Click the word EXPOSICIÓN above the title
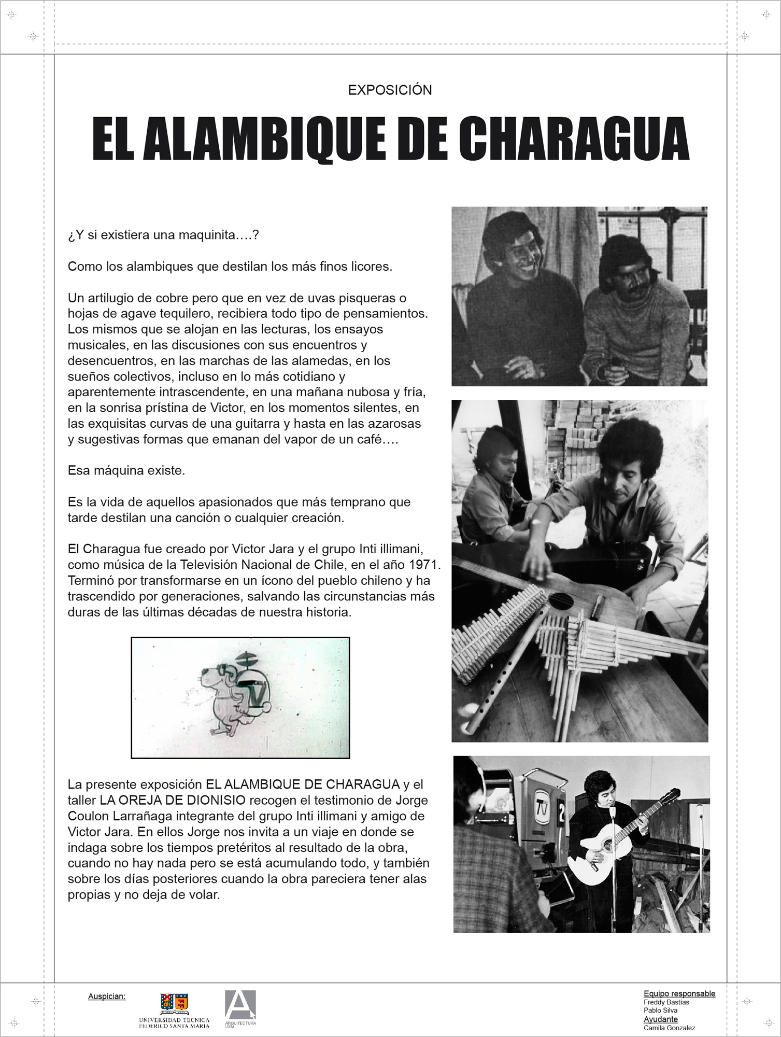pyautogui.click(x=390, y=90)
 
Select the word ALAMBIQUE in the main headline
pyautogui.click(x=264, y=139)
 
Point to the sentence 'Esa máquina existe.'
pyautogui.click(x=126, y=471)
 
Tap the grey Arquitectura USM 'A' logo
pyautogui.click(x=240, y=1006)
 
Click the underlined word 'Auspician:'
pyautogui.click(x=107, y=997)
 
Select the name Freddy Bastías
pyautogui.click(x=666, y=1002)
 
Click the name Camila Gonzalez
pyautogui.click(x=669, y=1028)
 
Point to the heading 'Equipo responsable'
pyautogui.click(x=679, y=993)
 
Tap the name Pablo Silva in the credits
pyautogui.click(x=660, y=1010)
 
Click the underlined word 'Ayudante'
pyautogui.click(x=660, y=1019)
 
